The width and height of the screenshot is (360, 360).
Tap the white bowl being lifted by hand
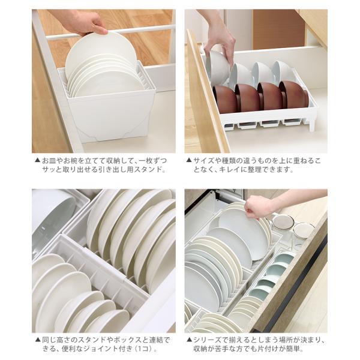coord(217,67)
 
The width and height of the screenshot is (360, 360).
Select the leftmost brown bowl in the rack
coord(225,100)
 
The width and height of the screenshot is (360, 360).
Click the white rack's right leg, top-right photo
coord(312,123)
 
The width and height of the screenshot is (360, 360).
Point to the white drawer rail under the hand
coord(110,32)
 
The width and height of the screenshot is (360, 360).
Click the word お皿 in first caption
coord(48,160)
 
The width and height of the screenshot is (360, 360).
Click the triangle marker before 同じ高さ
coord(38,340)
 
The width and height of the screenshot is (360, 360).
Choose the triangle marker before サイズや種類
coord(189,160)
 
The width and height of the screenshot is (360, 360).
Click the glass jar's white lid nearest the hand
coord(283,221)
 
